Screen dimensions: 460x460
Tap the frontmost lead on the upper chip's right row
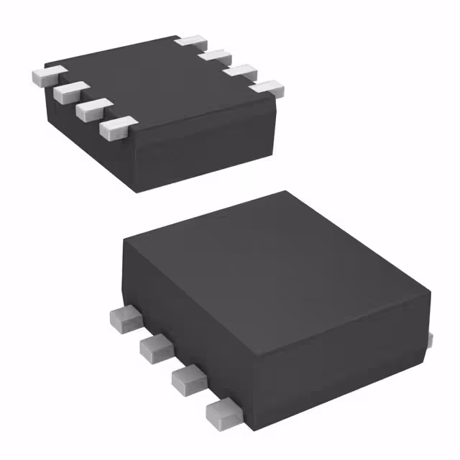coord(267,88)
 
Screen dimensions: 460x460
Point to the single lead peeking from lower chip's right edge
coord(430,338)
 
